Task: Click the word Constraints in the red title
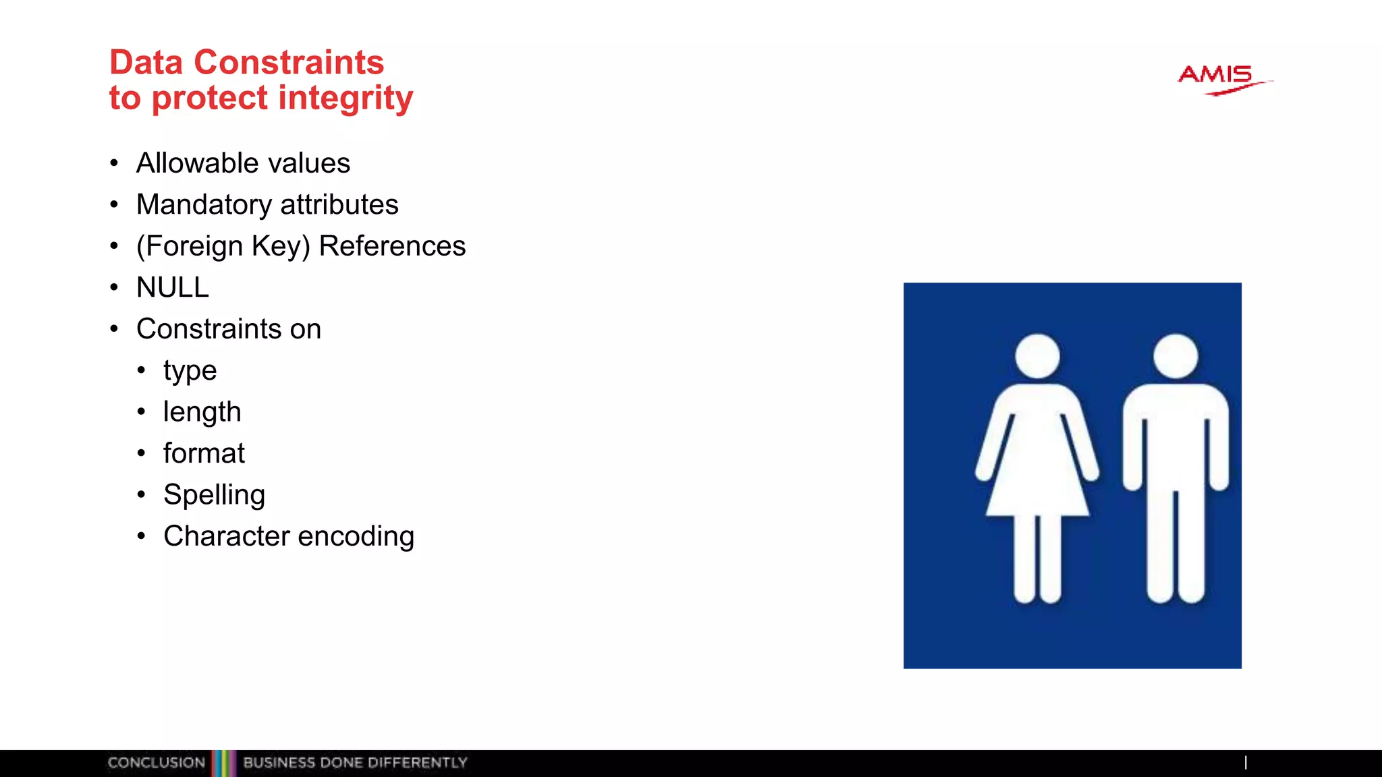[289, 63]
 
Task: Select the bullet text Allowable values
[243, 163]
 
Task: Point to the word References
[392, 246]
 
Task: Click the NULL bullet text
[173, 288]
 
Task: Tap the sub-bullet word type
[190, 372]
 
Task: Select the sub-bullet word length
[202, 412]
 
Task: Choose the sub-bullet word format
[204, 453]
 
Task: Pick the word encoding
[356, 537]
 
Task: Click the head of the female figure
[1037, 356]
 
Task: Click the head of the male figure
[1176, 355]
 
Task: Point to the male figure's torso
[1176, 438]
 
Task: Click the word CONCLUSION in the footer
[156, 763]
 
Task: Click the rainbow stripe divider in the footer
[224, 763]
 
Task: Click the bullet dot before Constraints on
[114, 329]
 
